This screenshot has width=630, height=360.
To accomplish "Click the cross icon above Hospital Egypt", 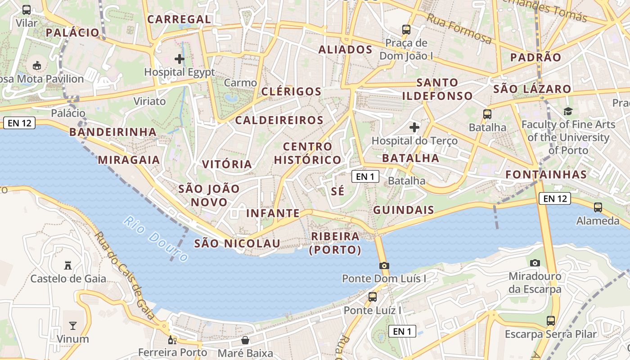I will coord(180,58).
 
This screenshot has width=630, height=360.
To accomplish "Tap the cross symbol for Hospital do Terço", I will coord(414,127).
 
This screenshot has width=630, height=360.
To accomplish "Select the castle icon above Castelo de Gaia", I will coord(68,265).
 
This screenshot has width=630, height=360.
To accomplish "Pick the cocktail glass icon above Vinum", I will coord(72,325).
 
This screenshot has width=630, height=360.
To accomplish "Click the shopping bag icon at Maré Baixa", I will coord(245,340).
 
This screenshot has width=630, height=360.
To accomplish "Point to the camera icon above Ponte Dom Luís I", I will coord(384,265).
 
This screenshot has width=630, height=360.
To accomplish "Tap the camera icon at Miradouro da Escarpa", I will coord(535,263).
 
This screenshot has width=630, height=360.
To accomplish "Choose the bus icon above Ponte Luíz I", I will coord(373,297).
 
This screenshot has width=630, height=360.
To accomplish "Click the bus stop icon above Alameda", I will coord(598,207).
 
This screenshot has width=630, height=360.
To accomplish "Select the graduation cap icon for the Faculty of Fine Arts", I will coord(568,111).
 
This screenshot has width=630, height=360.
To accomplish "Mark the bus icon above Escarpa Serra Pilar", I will coord(551,321).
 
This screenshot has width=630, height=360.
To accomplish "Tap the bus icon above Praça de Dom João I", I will coord(406,30).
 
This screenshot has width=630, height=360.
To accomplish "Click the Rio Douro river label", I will coord(156,239).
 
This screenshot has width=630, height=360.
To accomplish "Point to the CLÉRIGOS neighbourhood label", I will coord(292,92).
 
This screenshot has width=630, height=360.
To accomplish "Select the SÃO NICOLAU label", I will coord(237,243).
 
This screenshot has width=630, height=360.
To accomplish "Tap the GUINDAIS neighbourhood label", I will coord(404,210).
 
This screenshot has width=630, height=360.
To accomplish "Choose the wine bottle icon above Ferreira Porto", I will coord(171,340).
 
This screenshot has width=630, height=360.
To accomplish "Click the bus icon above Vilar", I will coord(27,9).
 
